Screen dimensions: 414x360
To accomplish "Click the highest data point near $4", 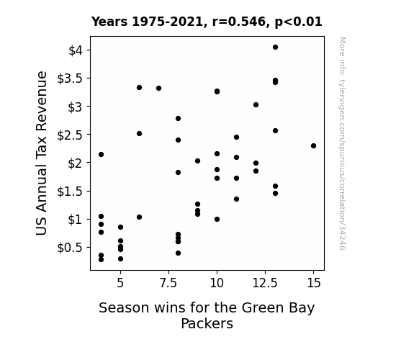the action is (275, 48).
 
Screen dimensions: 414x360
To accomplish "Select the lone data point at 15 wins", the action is (313, 145).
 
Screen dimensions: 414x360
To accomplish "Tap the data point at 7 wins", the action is (158, 89).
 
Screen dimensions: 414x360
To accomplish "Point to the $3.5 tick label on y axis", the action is (70, 78).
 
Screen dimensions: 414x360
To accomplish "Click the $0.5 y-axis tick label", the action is (70, 248).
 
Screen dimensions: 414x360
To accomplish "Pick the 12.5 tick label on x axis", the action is (265, 283).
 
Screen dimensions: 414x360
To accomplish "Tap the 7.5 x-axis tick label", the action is (168, 283).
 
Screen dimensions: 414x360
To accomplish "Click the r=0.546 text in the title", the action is (239, 22).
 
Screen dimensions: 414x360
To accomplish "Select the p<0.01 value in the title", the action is (298, 22).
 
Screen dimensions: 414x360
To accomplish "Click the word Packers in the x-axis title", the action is (207, 323).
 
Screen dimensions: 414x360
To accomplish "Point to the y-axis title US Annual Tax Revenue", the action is (42, 153).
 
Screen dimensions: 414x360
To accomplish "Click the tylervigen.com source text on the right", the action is (342, 143).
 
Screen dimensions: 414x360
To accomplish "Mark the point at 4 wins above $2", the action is (101, 155).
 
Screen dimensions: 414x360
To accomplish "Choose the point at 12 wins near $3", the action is (256, 105).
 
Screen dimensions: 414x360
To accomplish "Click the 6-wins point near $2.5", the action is (140, 134).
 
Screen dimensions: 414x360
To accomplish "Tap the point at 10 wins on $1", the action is (217, 219).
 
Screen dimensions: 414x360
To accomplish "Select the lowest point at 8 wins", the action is (179, 253).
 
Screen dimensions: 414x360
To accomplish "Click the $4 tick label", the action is (76, 50).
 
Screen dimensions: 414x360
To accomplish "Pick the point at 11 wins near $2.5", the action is (237, 137).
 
